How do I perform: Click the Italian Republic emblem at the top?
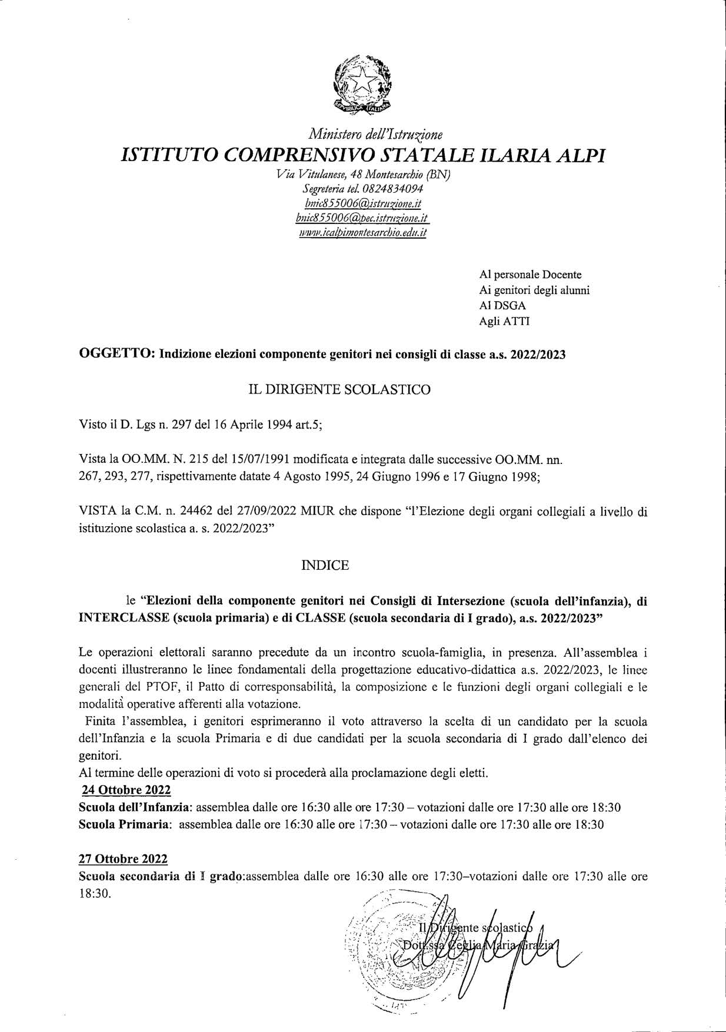362,84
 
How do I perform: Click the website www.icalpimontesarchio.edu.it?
362,232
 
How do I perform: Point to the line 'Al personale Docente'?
531,274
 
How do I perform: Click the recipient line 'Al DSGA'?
502,306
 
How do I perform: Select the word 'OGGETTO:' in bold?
117,355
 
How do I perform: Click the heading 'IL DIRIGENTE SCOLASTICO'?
339,389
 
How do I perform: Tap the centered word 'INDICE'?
325,565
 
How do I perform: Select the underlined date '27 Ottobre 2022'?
123,859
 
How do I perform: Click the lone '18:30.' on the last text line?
95,893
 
